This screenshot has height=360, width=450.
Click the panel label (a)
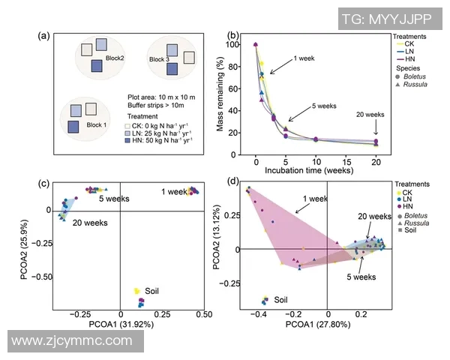pyautogui.click(x=43, y=34)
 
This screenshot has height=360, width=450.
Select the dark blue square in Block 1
pyautogui.click(x=73, y=126)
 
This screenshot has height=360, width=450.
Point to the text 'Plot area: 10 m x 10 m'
pyautogui.click(x=160, y=97)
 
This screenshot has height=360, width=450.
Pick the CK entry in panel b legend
pyautogui.click(x=409, y=43)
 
